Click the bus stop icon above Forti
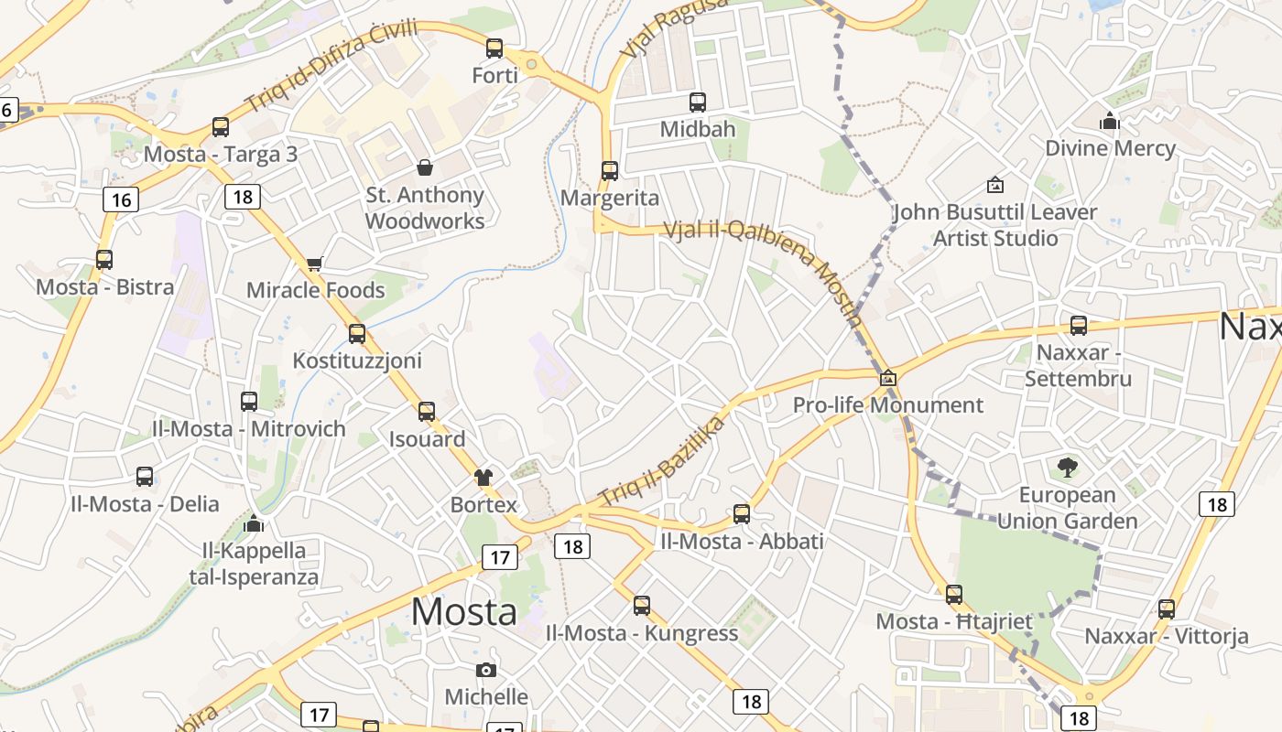point(494,48)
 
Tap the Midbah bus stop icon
point(698,102)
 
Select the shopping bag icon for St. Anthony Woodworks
point(425,167)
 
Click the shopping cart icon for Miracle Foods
point(315,264)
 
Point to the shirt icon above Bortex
point(483,477)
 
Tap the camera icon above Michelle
point(486,670)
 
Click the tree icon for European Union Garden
point(1067,468)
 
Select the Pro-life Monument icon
point(887,378)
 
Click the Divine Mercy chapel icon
point(1110,121)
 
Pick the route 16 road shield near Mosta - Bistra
point(121,199)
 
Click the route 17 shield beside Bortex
point(499,557)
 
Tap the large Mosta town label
point(463,611)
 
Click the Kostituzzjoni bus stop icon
point(357,334)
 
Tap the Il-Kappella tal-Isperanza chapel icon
point(255,524)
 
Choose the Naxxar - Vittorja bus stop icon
point(1167,609)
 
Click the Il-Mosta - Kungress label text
point(641,633)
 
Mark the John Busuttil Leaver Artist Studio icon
point(995,185)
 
